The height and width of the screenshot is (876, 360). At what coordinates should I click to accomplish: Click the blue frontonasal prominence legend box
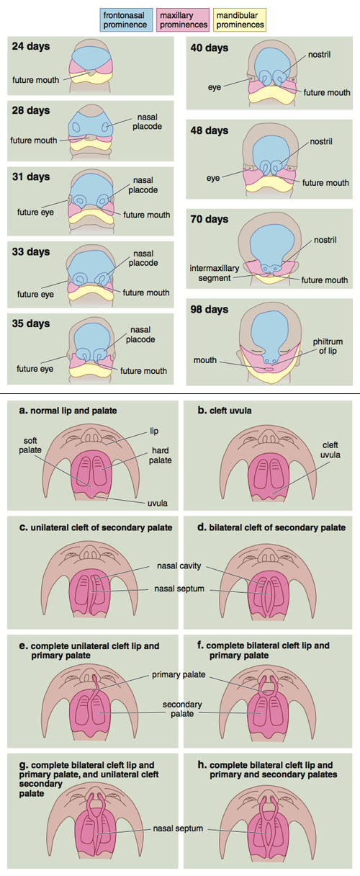coord(126,20)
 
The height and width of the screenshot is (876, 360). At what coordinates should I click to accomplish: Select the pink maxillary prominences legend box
coord(183,20)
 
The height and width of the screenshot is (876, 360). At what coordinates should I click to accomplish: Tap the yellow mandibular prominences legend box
coord(240,20)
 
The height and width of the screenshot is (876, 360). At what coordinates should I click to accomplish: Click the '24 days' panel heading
coord(31,47)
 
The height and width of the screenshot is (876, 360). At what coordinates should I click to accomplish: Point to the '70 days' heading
coord(209,220)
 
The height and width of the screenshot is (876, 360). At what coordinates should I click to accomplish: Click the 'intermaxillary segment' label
coord(215,273)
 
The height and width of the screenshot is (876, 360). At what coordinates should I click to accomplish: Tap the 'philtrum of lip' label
coord(328,346)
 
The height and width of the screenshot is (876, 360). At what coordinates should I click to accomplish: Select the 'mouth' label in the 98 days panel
coord(204,359)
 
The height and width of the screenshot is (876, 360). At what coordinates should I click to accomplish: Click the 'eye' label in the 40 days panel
coord(215,87)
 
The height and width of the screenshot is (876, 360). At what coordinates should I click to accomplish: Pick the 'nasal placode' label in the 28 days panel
coord(147,122)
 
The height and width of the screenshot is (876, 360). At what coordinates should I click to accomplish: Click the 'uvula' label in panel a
coord(157,504)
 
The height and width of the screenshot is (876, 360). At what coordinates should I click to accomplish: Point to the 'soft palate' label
coord(30,445)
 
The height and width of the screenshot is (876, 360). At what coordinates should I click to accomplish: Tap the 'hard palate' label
coord(161,455)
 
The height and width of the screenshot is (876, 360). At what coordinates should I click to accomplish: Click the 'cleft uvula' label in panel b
coord(330,450)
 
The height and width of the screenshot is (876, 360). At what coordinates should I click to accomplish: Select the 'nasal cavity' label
coord(179,566)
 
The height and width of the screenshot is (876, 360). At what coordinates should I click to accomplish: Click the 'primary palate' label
coord(179,674)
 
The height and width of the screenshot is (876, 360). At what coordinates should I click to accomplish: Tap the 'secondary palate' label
coord(182,709)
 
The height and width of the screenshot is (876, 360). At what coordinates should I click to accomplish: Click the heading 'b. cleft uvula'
coord(225,411)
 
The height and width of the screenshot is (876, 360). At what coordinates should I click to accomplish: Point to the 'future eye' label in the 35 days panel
coord(35,369)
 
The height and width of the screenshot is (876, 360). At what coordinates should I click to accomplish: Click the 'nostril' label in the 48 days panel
coord(321,142)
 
